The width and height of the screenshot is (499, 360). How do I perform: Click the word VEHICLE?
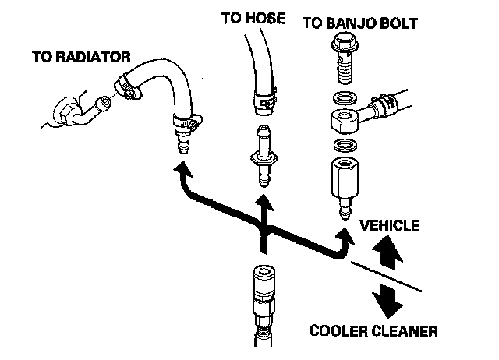[x=390, y=226]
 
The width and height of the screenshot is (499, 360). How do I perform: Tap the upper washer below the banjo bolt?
[x=344, y=99]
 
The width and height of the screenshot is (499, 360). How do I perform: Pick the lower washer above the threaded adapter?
[x=343, y=146]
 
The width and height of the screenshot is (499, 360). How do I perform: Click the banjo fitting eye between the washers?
[x=345, y=122]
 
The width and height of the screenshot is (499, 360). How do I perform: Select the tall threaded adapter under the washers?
[x=342, y=183]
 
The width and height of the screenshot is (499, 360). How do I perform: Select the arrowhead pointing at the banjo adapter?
[x=343, y=232]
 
